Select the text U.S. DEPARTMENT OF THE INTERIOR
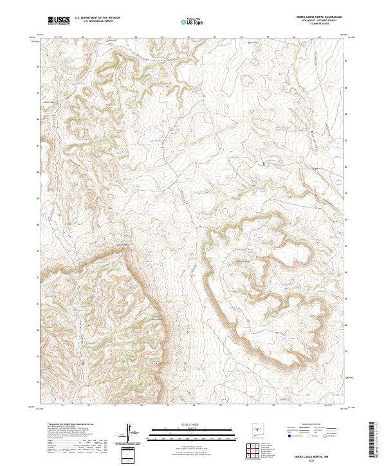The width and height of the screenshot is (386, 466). point(98,19)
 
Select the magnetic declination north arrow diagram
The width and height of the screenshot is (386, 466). point(133,432)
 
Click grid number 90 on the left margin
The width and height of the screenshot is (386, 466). point(37,66)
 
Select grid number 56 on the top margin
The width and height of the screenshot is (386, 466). point(189,37)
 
